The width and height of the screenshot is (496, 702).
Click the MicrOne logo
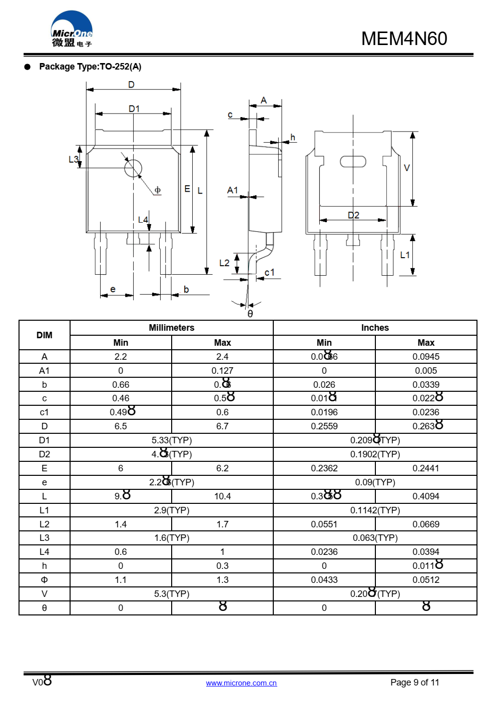click(x=72, y=30)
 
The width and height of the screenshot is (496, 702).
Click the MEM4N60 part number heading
click(x=404, y=39)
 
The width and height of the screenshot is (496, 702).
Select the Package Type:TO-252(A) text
click(x=90, y=67)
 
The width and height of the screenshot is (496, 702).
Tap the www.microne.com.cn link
click(x=241, y=683)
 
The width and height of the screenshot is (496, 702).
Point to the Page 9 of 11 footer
click(x=414, y=682)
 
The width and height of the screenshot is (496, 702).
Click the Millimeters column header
click(x=171, y=328)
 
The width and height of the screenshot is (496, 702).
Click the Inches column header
click(x=375, y=328)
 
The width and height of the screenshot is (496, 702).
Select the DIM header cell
click(x=45, y=335)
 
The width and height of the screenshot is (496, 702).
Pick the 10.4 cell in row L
click(x=222, y=496)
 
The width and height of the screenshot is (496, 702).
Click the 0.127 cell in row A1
click(x=222, y=371)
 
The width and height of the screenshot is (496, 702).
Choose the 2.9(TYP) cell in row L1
click(x=171, y=510)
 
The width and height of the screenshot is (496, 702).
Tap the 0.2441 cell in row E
click(x=425, y=468)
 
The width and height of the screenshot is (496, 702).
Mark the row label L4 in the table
click(x=45, y=552)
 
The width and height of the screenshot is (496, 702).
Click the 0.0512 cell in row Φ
click(x=425, y=580)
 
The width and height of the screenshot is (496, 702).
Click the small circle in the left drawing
click(x=133, y=169)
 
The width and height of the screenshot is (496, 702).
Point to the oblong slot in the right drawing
click(x=353, y=161)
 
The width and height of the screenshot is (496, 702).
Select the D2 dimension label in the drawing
click(x=353, y=215)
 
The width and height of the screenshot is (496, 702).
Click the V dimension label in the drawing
click(x=406, y=168)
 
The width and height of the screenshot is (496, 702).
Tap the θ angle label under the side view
click(x=250, y=314)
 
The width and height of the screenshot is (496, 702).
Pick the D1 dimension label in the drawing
click(x=134, y=109)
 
